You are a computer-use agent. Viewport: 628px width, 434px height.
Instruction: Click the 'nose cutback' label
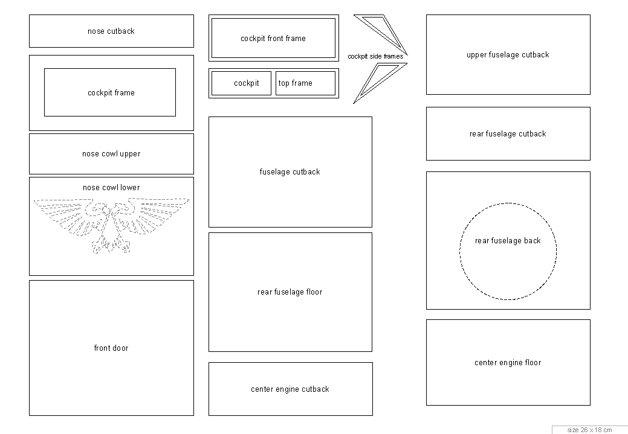111,31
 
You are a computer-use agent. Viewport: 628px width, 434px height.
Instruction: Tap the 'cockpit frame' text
111,93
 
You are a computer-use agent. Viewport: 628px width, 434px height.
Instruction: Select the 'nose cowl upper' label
111,154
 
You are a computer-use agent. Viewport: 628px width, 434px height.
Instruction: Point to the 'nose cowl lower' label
111,188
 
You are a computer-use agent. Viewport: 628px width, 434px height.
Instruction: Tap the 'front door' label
111,348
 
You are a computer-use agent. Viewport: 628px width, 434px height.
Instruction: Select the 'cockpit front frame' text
273,39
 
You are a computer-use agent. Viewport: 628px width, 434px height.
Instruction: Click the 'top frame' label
296,83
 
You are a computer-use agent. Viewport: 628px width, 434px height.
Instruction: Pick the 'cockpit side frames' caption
375,57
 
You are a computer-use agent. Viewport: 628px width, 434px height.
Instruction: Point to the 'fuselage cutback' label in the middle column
290,172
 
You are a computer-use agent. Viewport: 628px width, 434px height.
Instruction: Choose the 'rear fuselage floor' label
290,292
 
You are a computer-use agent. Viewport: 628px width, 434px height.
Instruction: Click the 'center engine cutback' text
290,389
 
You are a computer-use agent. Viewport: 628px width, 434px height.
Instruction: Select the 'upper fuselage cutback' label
508,55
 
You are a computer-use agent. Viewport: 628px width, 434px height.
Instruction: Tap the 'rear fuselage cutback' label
508,134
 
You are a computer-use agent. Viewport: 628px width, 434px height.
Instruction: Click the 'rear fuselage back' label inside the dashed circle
508,241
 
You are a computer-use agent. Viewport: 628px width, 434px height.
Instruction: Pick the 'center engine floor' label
508,363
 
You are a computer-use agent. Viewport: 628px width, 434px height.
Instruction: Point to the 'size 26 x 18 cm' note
589,430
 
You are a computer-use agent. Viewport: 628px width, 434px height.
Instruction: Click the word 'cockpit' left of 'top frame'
247,83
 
